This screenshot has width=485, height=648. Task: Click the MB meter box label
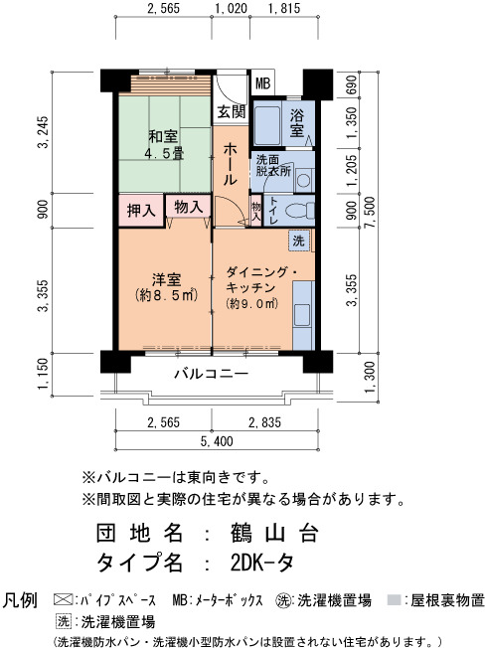coord(262,83)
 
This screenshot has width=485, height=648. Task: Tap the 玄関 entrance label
coord(232,111)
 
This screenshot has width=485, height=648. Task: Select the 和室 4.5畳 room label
coord(164,145)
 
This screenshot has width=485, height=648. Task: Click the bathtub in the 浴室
coord(267,125)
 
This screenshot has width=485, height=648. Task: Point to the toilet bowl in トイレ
coord(300,211)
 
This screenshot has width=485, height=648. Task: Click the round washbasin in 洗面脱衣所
coord(304,180)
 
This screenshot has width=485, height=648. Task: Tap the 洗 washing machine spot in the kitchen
coord(299,241)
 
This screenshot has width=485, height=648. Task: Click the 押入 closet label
coord(141,211)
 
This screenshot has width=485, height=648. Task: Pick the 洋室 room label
coord(166,280)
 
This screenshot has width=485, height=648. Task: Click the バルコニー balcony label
coord(211,374)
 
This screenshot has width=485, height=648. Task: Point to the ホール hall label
coord(231,164)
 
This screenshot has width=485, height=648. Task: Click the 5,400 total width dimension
coord(217,441)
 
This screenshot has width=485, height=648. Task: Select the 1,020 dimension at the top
coord(232,8)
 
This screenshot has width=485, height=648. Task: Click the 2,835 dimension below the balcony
coord(264,422)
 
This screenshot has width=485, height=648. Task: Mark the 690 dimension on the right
coord(351,84)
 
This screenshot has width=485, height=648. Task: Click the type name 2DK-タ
coord(262,563)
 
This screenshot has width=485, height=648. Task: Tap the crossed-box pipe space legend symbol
coord(64,599)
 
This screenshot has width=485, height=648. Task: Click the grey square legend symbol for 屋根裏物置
coord(394,599)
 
